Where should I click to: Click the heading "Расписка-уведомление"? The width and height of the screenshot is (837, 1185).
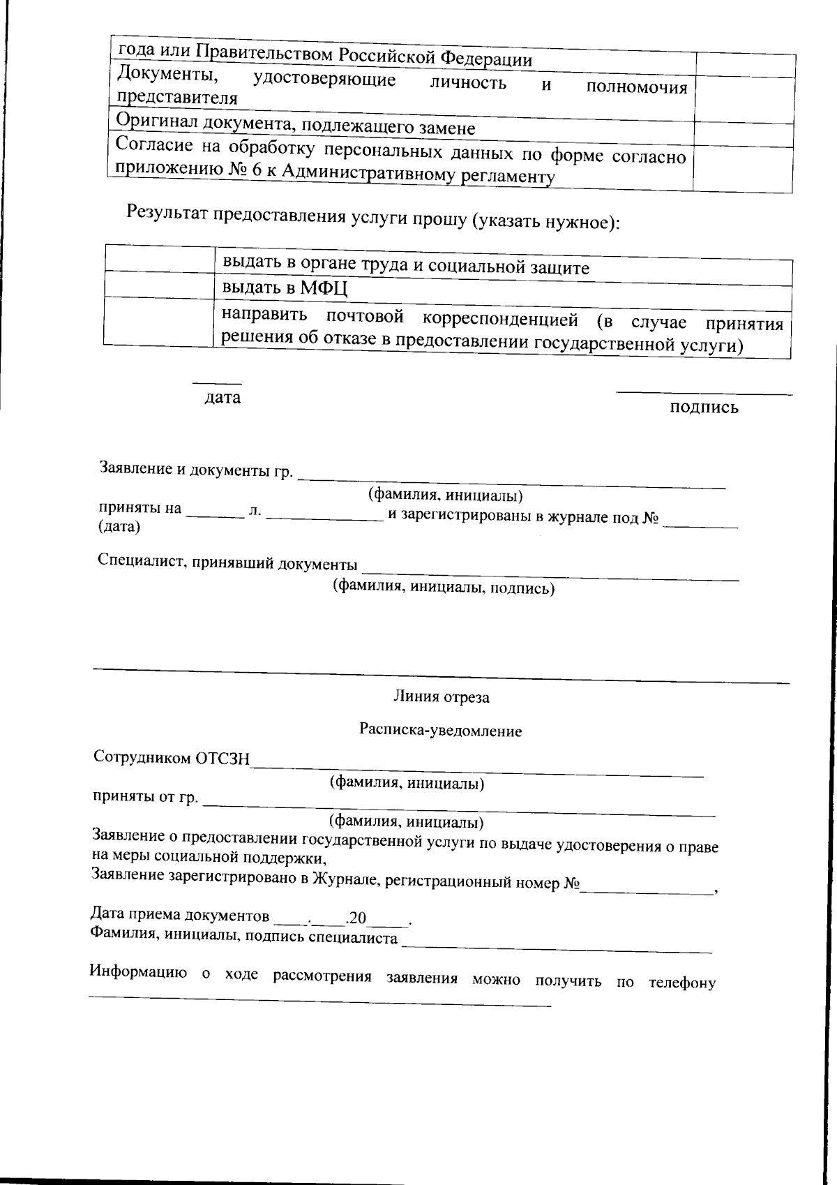(441, 731)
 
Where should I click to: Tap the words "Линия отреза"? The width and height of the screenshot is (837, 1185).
(442, 696)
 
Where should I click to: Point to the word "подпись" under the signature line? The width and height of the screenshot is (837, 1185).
(704, 408)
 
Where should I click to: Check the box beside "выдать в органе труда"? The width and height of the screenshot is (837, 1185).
(159, 259)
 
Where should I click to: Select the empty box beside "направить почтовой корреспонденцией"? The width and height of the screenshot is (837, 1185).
(159, 321)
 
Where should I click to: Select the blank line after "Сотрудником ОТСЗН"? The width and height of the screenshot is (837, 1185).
(477, 770)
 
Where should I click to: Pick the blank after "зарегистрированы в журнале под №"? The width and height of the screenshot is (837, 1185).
(700, 523)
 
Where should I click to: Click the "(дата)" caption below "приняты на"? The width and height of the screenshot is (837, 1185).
(119, 527)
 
